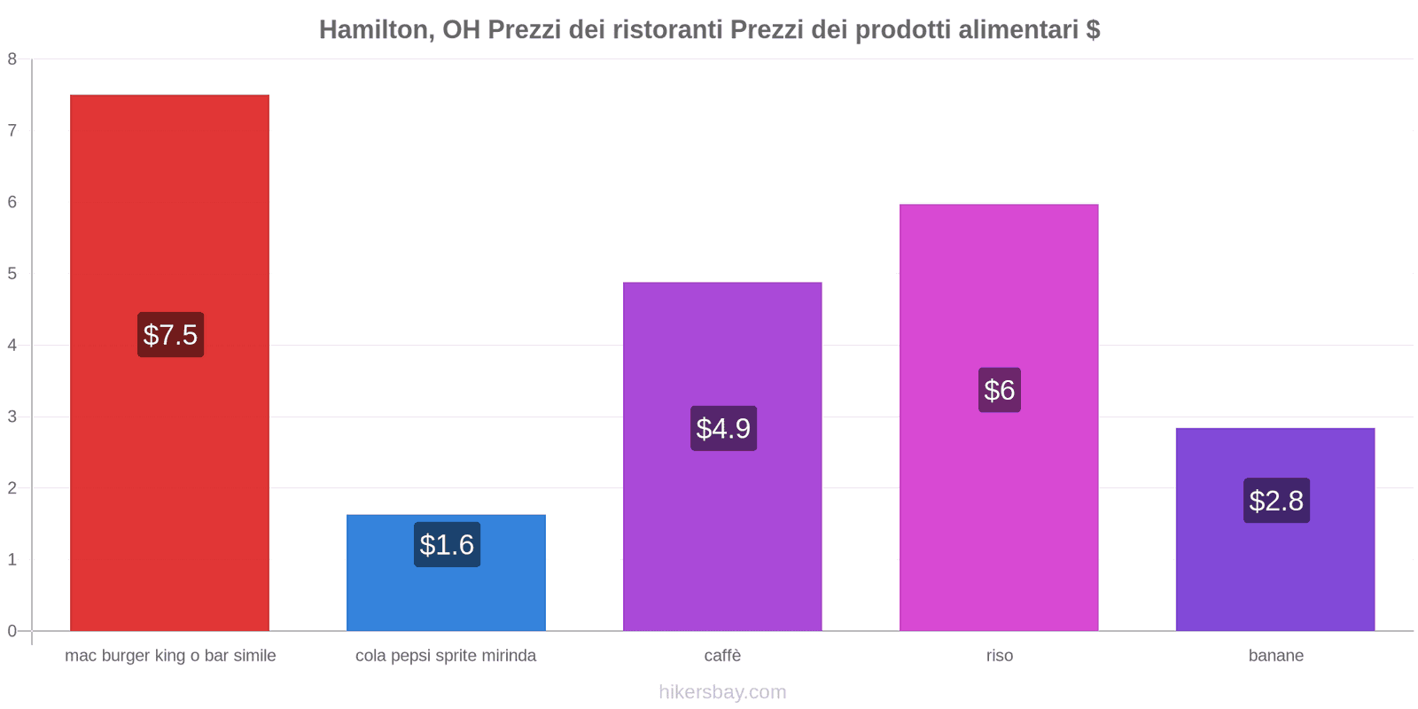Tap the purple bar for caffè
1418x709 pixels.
point(722,354)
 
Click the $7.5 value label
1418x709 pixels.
point(170,335)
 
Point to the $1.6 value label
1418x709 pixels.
point(447,544)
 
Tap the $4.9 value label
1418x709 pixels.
point(723,428)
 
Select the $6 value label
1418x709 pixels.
point(999,390)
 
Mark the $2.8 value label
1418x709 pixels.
point(1276,501)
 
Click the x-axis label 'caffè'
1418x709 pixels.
point(722,656)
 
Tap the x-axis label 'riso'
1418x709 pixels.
point(999,656)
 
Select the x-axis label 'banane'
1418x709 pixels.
point(1275,656)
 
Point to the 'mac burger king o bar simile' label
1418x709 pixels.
point(170,656)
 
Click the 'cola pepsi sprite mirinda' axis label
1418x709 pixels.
point(446,656)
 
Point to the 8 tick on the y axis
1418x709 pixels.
point(12,59)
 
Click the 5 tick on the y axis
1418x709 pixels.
point(12,274)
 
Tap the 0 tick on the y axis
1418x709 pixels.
point(12,631)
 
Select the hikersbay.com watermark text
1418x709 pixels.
point(722,692)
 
